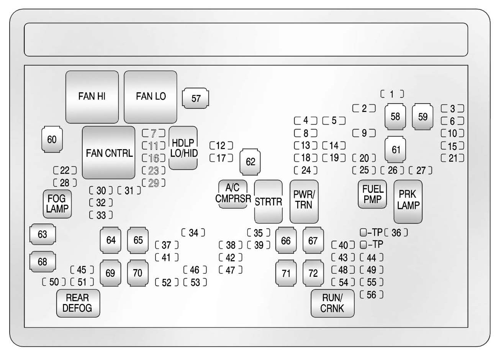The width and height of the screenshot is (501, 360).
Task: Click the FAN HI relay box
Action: click(x=92, y=97)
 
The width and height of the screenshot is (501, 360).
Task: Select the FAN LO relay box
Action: click(x=151, y=97)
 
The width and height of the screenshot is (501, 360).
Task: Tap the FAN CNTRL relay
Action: click(x=109, y=153)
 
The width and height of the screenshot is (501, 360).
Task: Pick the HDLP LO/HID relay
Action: click(x=183, y=148)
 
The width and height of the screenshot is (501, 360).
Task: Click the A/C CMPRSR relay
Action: click(x=233, y=193)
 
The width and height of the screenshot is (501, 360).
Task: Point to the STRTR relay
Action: click(x=268, y=201)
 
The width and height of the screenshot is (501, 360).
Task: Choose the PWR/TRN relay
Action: click(x=304, y=201)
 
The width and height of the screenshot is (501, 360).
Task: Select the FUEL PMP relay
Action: click(x=372, y=194)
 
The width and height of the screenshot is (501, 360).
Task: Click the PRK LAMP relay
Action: click(x=408, y=201)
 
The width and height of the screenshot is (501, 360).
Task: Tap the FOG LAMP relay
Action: click(x=57, y=204)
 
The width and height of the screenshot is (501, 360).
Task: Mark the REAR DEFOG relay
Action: click(x=78, y=303)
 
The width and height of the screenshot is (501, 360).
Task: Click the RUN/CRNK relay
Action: click(x=332, y=303)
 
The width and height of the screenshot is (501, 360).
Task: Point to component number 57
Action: click(x=196, y=99)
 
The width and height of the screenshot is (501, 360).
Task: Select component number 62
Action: click(x=250, y=161)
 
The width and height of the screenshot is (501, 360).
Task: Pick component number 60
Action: click(x=52, y=140)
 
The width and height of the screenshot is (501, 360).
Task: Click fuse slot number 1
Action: click(x=392, y=94)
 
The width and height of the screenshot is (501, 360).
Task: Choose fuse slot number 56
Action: click(x=372, y=294)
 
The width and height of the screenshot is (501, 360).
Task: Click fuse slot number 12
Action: click(x=221, y=146)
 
